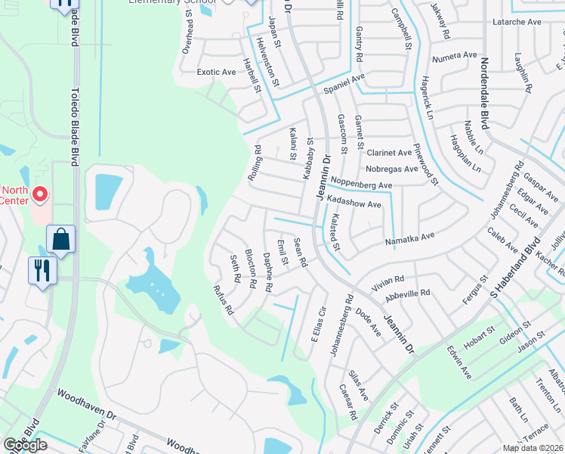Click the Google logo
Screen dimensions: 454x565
tap(25, 445)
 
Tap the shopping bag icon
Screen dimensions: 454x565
tap(60, 239)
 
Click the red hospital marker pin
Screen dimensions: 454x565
tap(40, 196)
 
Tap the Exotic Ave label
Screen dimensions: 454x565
tap(216, 73)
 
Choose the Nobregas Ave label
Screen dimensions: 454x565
tap(391, 169)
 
